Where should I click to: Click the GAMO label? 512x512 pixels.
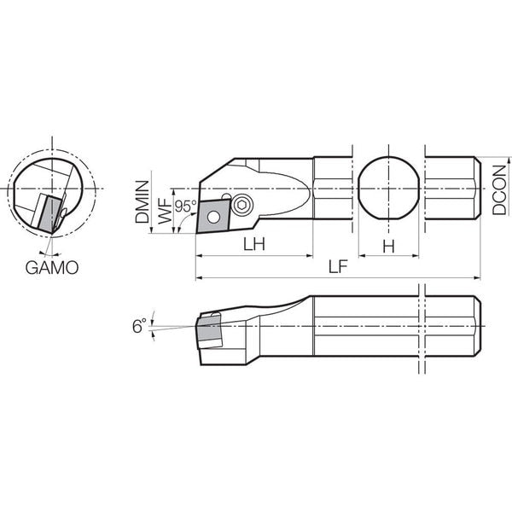(52, 268)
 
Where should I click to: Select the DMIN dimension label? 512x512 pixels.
(143, 201)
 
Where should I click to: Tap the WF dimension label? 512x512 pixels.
(165, 212)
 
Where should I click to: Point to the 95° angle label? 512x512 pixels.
(186, 206)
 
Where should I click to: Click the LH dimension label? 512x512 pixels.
(254, 244)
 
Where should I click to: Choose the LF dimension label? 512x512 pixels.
(338, 267)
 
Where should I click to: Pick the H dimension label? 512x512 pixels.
(388, 247)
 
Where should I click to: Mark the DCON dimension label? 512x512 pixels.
(499, 190)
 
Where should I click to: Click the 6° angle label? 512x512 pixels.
(139, 326)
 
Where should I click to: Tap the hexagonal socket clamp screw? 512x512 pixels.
(242, 206)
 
